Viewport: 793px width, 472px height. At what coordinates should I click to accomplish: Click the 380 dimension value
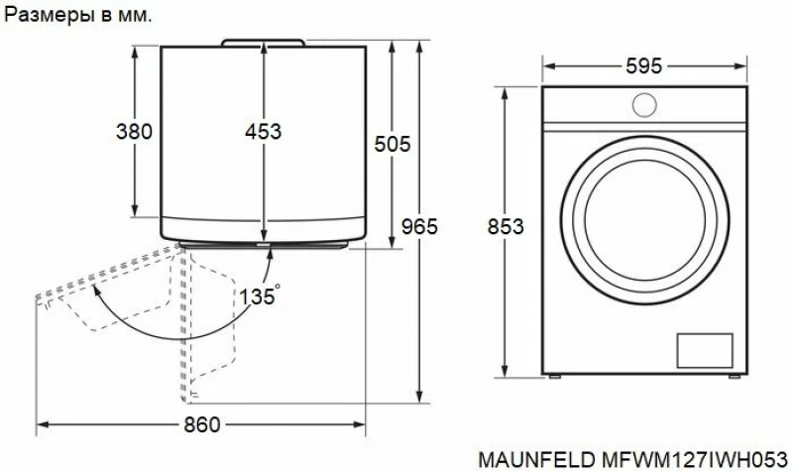coord(134,132)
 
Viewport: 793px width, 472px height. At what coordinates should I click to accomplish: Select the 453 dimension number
coord(263,132)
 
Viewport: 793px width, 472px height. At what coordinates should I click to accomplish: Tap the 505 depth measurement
coord(393,145)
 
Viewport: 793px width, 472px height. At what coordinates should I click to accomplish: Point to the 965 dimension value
coord(419,226)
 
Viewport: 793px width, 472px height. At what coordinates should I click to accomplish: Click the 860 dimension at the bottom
coord(202,424)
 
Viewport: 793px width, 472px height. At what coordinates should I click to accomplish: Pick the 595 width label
coord(643,65)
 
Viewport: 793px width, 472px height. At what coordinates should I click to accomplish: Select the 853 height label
coord(506,226)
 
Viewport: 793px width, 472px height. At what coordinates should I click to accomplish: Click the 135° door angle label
coord(260,295)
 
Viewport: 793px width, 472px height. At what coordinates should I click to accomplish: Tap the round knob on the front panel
coord(645,105)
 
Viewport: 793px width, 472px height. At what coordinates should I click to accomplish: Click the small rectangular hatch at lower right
coord(705,350)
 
